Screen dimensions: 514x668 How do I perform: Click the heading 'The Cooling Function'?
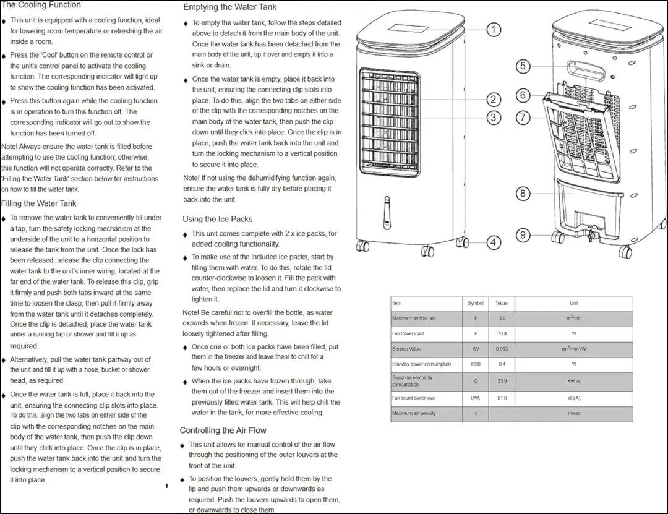point(41,5)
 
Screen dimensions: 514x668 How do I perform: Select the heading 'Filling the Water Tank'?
point(39,203)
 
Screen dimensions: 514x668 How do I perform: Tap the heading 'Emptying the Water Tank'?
point(230,7)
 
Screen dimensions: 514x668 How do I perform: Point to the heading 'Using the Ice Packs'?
point(217,219)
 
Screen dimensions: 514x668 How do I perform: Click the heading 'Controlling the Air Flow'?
point(223,430)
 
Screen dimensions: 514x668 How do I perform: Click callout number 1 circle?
point(494,29)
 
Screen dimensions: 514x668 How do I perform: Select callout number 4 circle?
point(494,242)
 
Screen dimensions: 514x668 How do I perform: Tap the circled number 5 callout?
point(523,66)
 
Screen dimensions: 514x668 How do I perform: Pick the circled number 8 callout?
point(523,194)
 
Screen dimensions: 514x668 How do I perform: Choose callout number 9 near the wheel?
point(523,235)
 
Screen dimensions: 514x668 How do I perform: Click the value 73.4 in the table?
point(502,333)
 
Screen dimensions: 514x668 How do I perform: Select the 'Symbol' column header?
point(476,303)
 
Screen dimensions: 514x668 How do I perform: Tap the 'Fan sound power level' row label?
point(414,398)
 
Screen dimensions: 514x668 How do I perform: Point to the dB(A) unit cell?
point(573,398)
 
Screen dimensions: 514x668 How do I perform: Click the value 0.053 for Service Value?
point(502,349)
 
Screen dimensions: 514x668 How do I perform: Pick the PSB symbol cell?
point(476,364)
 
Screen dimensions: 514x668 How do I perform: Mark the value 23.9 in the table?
point(502,381)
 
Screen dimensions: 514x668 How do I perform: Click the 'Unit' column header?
point(573,303)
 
